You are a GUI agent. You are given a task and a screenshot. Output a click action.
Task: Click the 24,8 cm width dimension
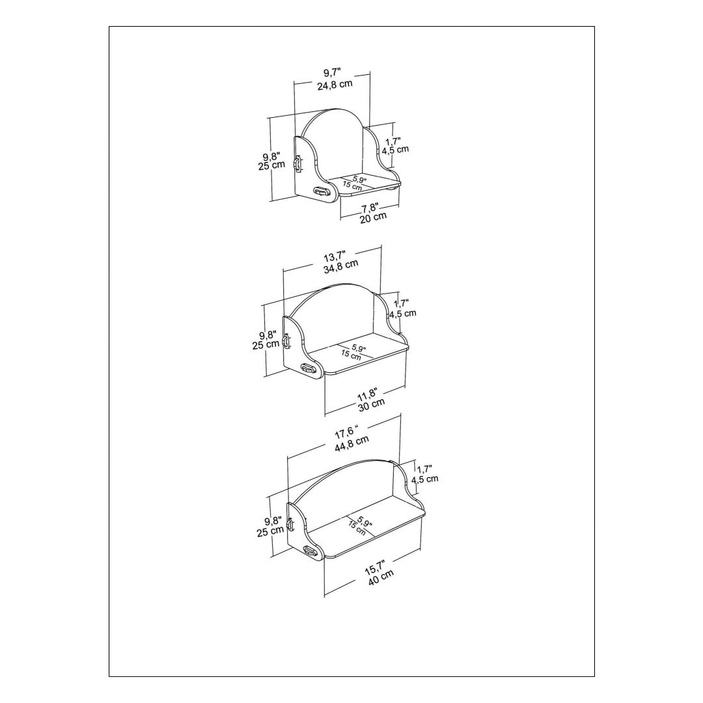coord(335,85)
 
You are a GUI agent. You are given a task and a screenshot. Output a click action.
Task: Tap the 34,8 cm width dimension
coord(340,267)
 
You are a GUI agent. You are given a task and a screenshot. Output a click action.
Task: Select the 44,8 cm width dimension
coord(352,444)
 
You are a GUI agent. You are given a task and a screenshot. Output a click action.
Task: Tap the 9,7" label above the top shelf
coord(332,73)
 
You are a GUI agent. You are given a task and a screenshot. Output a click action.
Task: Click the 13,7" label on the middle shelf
coord(335,256)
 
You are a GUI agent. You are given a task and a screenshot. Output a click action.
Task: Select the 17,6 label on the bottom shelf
coord(346,433)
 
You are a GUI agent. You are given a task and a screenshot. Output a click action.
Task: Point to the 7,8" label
coord(370,208)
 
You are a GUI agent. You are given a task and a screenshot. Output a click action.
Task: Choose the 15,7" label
coord(375,567)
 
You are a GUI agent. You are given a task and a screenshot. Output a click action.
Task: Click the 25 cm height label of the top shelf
coord(271,165)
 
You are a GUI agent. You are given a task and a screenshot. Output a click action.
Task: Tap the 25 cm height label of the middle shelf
coord(266,345)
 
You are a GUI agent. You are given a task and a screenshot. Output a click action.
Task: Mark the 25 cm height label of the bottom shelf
coord(270,531)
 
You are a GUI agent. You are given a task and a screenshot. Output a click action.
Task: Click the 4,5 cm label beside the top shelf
coord(396,150)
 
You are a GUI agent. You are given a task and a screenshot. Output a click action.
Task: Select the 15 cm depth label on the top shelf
coord(352,186)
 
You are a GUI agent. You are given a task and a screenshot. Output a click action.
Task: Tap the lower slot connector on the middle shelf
coord(307,368)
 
